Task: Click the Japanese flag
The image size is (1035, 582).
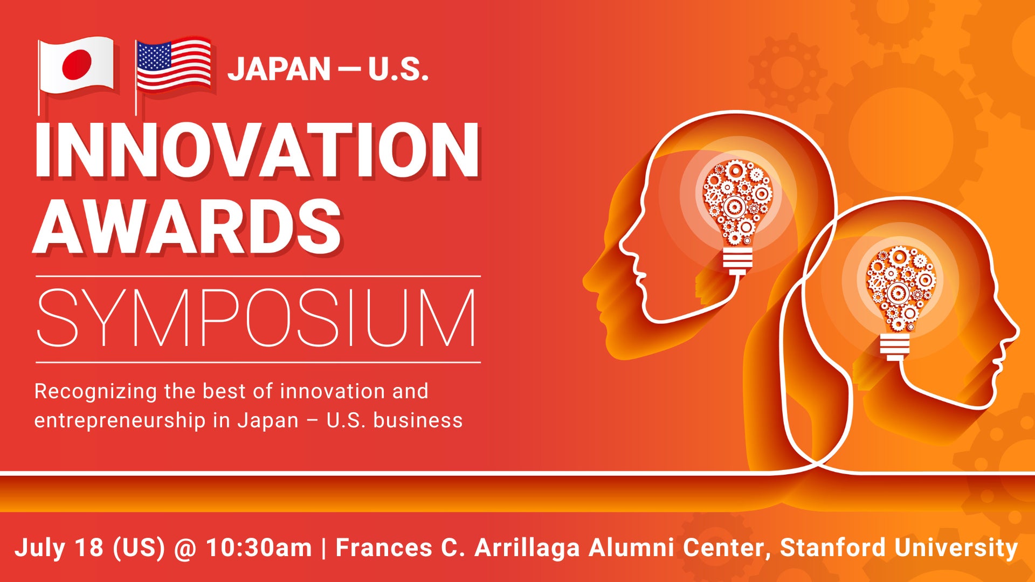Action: (76, 66)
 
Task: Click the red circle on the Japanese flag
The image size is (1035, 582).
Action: (77, 64)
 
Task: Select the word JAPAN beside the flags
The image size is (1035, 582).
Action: (279, 70)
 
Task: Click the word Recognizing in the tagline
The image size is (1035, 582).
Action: (95, 392)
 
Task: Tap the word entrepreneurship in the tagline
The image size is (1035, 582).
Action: (120, 421)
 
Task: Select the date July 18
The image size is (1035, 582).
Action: (59, 548)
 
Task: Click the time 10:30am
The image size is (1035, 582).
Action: (259, 548)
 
